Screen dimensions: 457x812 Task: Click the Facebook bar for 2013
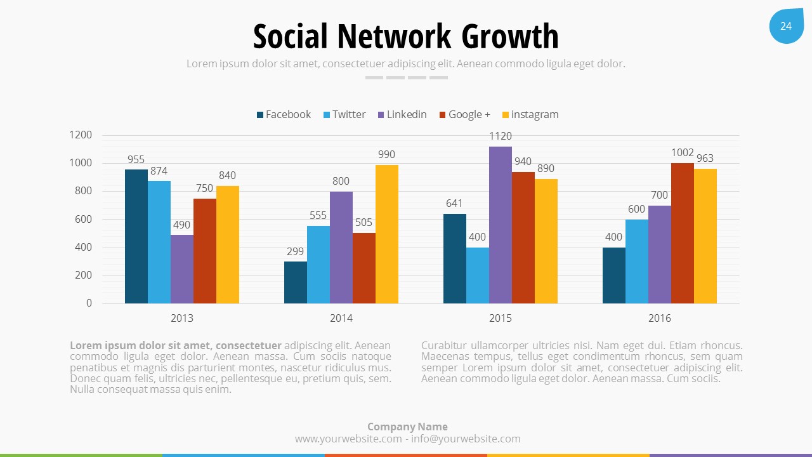click(136, 236)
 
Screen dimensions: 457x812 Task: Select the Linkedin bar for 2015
click(501, 225)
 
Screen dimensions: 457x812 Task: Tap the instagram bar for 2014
click(387, 234)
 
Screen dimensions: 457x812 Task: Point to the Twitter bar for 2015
click(478, 275)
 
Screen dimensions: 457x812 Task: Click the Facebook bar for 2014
click(296, 282)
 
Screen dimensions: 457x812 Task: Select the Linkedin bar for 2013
click(182, 269)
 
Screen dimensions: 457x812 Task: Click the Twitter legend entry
click(344, 115)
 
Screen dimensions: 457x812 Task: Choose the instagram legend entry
click(530, 115)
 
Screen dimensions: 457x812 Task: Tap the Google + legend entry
click(464, 115)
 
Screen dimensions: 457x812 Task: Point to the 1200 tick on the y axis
click(81, 135)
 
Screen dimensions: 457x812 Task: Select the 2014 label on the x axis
click(341, 318)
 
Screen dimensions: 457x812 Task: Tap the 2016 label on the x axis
click(660, 318)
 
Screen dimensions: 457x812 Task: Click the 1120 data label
click(501, 136)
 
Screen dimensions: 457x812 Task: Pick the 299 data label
click(296, 251)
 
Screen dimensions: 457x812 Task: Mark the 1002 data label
click(683, 153)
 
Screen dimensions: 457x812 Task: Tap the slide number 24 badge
click(786, 26)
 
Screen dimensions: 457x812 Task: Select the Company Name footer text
click(407, 427)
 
